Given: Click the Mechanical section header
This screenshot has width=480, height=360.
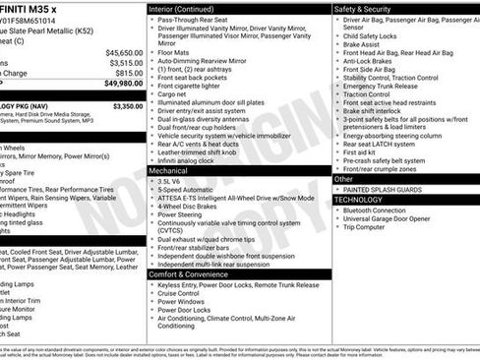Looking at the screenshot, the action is click(x=168, y=170).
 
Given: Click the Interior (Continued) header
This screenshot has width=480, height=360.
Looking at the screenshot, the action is click(x=184, y=8).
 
